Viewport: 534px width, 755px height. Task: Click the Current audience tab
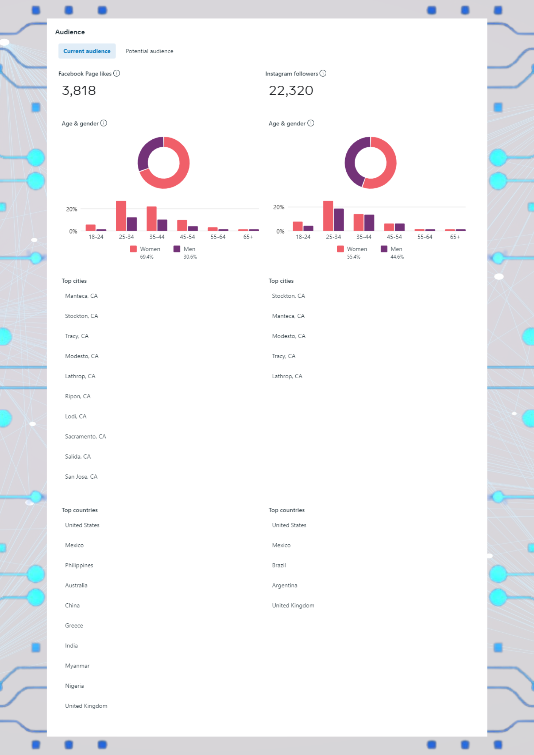click(87, 51)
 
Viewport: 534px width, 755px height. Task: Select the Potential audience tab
click(149, 51)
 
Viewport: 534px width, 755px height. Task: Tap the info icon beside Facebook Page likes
click(117, 73)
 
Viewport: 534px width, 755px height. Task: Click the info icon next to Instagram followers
click(323, 73)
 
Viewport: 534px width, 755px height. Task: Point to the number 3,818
click(79, 91)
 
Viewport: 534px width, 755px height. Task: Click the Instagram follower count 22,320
click(291, 91)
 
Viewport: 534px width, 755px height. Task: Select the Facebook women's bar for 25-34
click(121, 216)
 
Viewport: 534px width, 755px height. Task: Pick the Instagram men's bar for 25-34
click(339, 219)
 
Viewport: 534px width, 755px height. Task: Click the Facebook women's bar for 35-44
click(151, 218)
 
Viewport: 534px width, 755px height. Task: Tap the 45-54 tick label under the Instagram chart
click(394, 237)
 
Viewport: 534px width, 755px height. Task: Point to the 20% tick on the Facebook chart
click(71, 209)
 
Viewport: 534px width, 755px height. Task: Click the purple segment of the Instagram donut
click(351, 162)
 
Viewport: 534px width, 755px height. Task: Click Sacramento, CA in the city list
click(85, 436)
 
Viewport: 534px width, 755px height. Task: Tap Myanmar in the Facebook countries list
click(77, 666)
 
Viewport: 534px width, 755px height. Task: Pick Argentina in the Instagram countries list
click(284, 585)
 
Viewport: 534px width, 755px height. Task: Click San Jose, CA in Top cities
click(81, 476)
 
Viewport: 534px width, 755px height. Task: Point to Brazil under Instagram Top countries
click(279, 565)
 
